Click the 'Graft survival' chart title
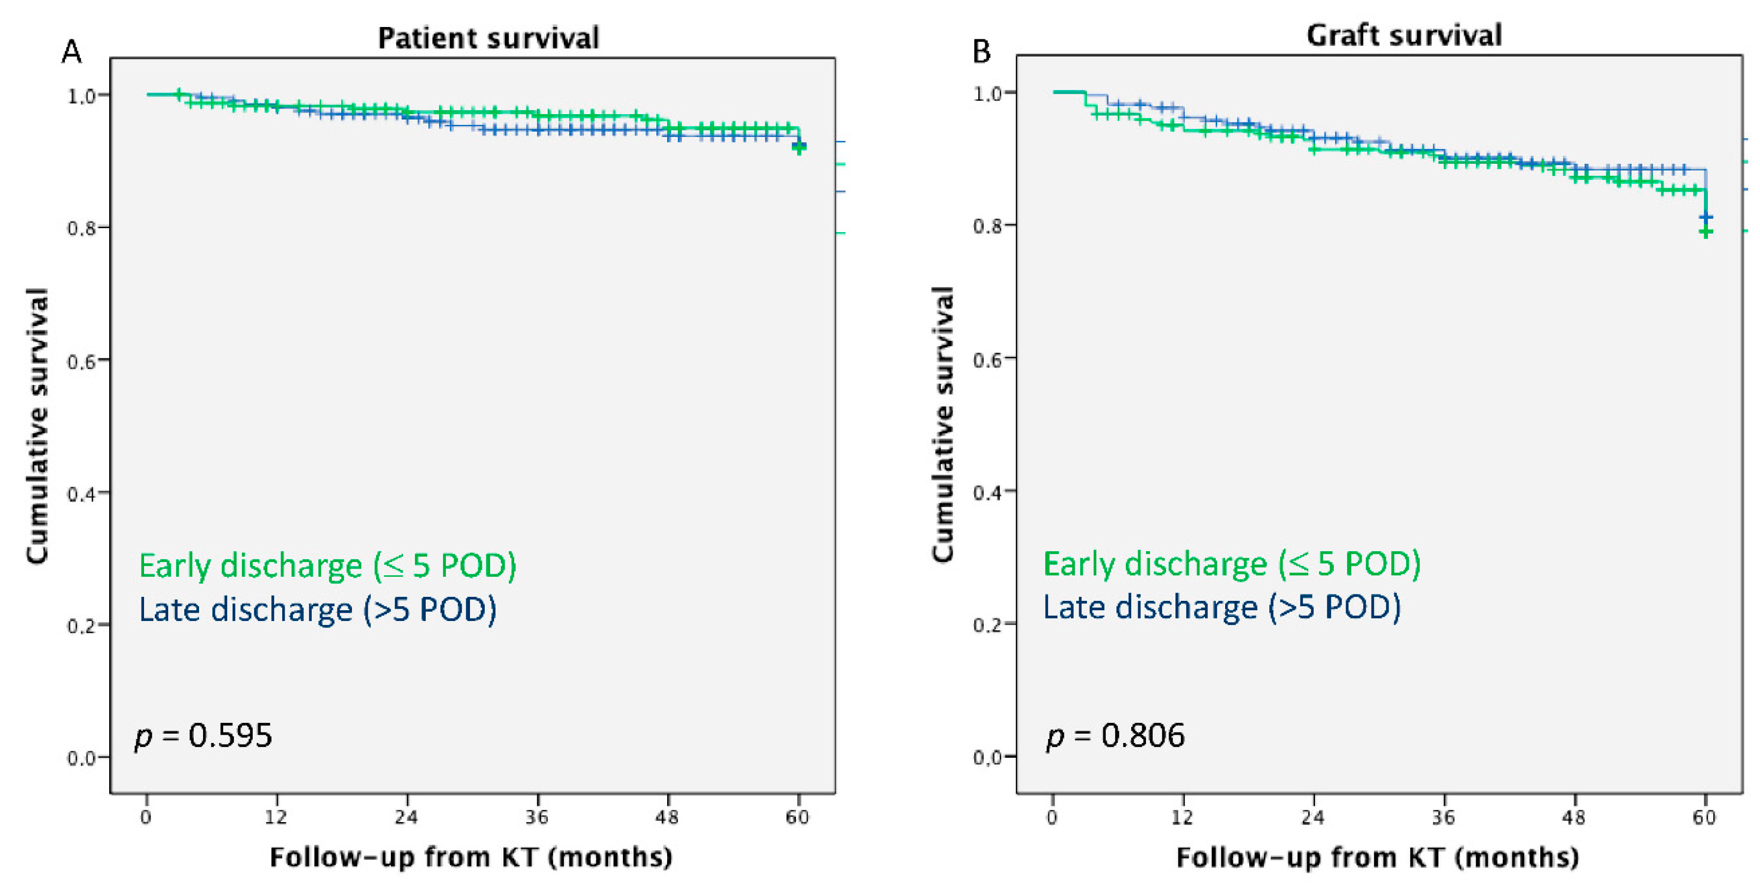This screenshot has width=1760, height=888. (1404, 35)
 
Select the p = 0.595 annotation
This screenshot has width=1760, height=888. (203, 736)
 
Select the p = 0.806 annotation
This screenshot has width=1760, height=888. (1115, 736)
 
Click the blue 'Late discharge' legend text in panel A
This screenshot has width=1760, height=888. (317, 609)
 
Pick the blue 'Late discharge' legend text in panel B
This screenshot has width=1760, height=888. (1222, 607)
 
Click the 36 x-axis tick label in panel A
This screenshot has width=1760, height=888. (537, 817)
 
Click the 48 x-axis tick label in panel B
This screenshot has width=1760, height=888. (1574, 817)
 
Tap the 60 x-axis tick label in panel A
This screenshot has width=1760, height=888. (797, 817)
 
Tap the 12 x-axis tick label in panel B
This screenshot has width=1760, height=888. (1183, 817)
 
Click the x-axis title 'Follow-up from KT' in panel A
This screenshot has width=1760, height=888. (471, 857)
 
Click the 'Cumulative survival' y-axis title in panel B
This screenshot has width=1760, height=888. (943, 423)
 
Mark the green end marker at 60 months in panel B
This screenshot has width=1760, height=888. (1706, 232)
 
